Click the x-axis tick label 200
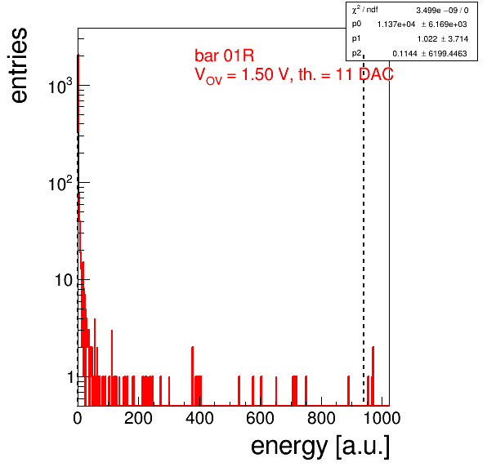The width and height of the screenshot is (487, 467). coord(138,418)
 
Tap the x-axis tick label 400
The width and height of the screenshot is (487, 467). coord(199,418)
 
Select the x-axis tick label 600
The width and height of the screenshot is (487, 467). coord(261,418)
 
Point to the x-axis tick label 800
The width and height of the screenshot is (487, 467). coord(321,418)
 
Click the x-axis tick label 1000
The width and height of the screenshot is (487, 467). coord(382,418)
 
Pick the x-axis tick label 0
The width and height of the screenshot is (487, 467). coord(78,418)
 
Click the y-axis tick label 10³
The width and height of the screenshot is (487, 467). coord(60,86)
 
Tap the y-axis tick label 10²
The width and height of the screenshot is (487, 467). coord(60,183)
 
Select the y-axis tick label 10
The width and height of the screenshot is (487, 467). coord(64,281)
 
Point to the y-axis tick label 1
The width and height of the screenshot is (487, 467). coord(70,378)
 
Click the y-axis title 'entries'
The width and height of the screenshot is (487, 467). coord(19,65)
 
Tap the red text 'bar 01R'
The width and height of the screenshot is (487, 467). coord(224,56)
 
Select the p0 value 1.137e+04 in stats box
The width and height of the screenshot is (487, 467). coord(396,24)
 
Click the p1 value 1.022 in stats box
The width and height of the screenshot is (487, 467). coord(427,39)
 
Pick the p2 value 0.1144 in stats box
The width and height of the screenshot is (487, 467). coord(404,54)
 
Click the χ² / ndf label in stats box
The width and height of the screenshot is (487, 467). coord(364,10)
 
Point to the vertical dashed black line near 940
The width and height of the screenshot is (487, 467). coord(364,230)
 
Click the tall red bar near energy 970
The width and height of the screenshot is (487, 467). coord(373,376)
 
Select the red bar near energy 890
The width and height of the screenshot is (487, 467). coord(348,391)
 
